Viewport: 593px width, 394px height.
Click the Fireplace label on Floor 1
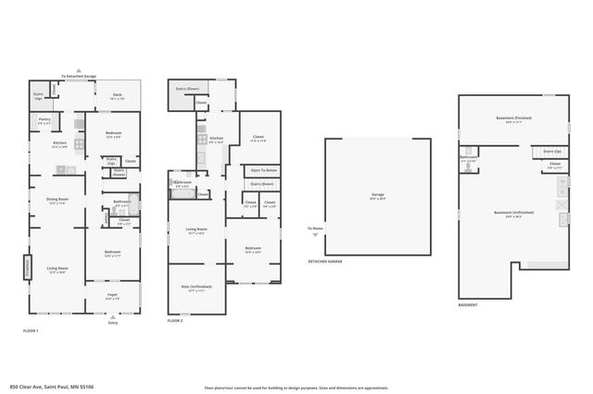point(26,266)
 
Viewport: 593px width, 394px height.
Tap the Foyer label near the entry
point(112,297)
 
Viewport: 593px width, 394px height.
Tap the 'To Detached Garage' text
point(79,76)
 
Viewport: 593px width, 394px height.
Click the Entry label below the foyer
point(113,323)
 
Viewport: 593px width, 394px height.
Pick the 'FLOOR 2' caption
point(175,321)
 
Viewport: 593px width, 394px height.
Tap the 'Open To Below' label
point(262,170)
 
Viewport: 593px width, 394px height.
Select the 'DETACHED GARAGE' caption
point(324,262)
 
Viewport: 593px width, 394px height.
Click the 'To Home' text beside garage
point(316,228)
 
